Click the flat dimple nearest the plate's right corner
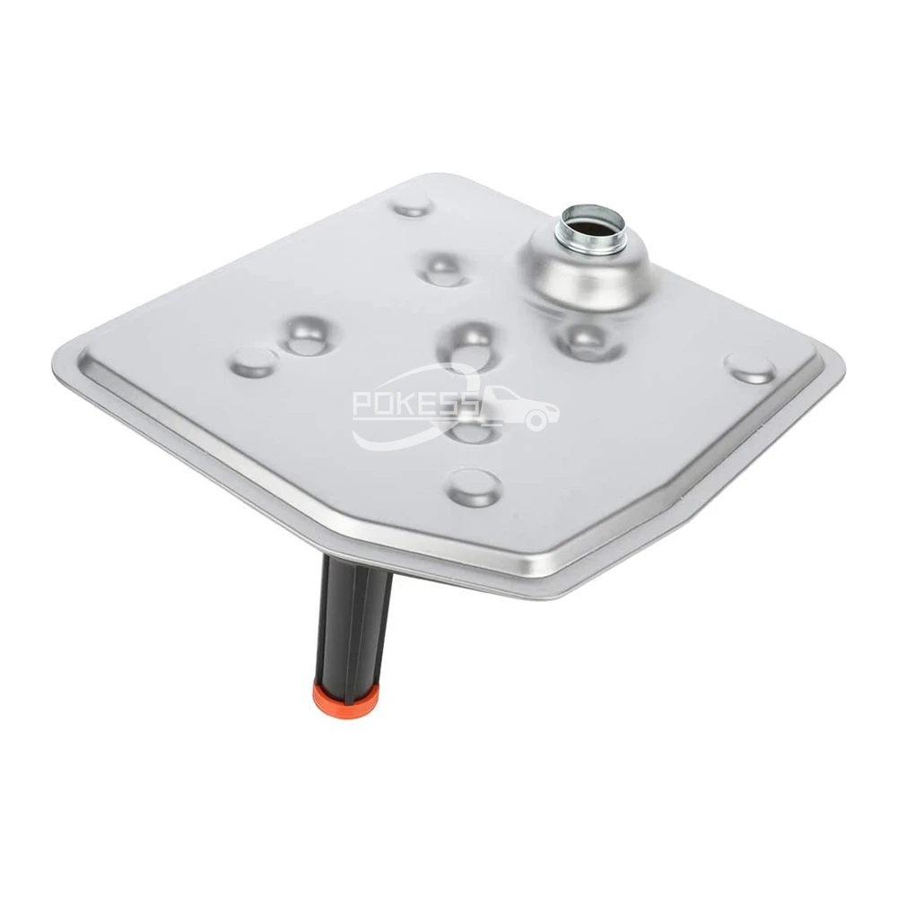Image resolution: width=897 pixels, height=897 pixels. click(x=750, y=368)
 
